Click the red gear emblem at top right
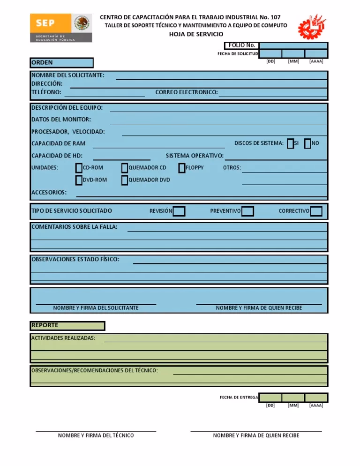[x=312, y=26]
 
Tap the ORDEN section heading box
[x=62, y=63]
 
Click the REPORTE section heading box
[x=67, y=325]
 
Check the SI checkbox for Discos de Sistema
[x=291, y=143]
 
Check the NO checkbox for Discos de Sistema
[x=307, y=143]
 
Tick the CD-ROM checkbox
[x=79, y=168]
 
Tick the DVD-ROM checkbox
[x=79, y=180]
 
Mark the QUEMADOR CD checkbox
[x=124, y=168]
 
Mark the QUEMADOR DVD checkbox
[x=124, y=180]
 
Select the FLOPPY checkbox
[x=181, y=168]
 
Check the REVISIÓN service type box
[x=179, y=211]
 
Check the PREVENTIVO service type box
[x=248, y=211]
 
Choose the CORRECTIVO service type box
[x=316, y=211]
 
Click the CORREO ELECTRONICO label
[x=187, y=92]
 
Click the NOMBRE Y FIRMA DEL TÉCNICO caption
[x=96, y=436]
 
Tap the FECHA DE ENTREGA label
[x=239, y=398]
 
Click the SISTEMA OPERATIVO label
[x=195, y=156]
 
